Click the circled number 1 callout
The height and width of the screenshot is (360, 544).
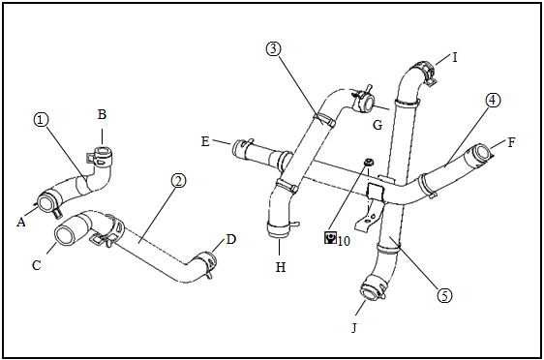41,120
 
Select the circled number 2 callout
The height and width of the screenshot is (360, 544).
178,181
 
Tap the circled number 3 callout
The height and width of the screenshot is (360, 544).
273,49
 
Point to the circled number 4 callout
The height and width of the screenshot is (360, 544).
493,101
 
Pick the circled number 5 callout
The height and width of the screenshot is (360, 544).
444,295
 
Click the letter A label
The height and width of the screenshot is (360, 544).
21,222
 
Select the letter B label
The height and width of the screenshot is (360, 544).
102,114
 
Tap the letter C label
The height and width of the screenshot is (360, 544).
37,265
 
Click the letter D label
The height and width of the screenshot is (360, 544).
231,239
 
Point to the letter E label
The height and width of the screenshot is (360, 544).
205,141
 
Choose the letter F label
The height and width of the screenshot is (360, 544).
511,142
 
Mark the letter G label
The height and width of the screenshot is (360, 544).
378,125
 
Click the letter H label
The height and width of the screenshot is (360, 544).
281,267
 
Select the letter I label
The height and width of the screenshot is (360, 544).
455,57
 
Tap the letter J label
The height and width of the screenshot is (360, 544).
354,327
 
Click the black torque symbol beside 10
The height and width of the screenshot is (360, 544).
330,237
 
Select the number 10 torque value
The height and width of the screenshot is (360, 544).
344,241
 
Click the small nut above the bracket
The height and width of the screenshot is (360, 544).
369,162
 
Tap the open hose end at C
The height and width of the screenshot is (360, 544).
64,236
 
